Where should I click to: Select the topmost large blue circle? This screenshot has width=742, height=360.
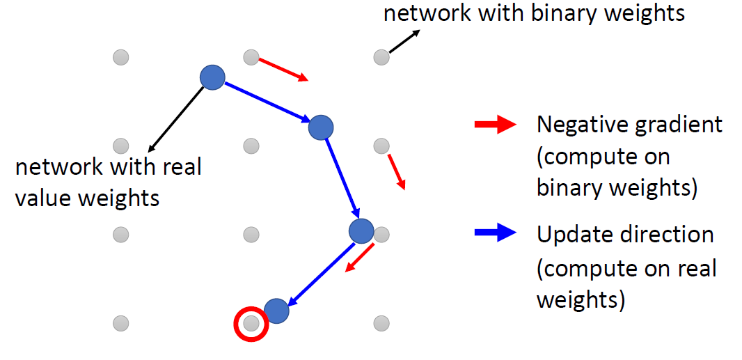click(x=212, y=77)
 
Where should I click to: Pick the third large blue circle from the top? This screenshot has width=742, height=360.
click(x=361, y=231)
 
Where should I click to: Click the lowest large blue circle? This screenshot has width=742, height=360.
click(x=276, y=311)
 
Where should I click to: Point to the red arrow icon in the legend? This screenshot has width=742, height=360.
click(x=494, y=125)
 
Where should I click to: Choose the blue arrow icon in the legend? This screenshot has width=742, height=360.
click(x=494, y=234)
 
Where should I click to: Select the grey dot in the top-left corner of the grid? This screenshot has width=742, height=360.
click(x=121, y=57)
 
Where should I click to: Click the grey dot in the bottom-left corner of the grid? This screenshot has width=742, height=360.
click(x=121, y=323)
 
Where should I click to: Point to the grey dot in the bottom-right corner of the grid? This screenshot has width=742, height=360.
click(x=381, y=323)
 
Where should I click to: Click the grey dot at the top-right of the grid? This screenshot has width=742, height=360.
click(x=381, y=57)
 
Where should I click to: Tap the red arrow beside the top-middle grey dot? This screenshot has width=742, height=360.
click(x=283, y=70)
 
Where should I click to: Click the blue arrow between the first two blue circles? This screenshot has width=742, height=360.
click(x=267, y=102)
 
